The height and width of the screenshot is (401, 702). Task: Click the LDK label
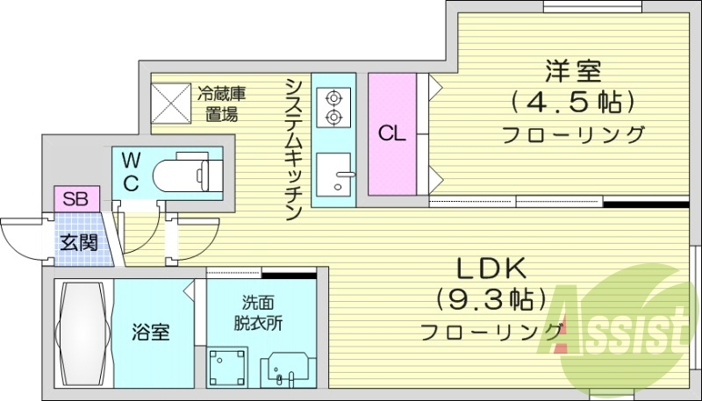point(490,267)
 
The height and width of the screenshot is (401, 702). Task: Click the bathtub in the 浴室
point(82,333)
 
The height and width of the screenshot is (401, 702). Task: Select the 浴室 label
point(150,333)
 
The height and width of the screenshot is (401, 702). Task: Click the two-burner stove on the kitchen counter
point(334,107)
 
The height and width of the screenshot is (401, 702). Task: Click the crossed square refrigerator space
point(172,103)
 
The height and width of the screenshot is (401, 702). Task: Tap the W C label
point(131,171)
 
